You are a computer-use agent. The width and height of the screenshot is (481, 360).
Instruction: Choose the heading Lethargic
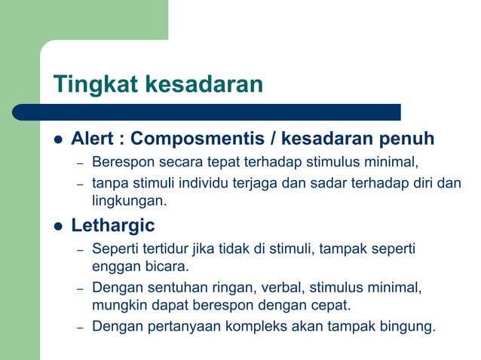(x=113, y=225)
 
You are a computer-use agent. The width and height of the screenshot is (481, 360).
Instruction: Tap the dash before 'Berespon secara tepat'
(x=78, y=163)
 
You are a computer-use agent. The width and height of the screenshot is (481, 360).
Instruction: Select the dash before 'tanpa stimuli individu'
(x=78, y=183)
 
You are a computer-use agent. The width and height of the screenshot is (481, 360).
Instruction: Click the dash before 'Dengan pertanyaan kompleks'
(x=78, y=328)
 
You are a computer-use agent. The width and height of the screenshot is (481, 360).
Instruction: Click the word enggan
(x=113, y=267)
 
